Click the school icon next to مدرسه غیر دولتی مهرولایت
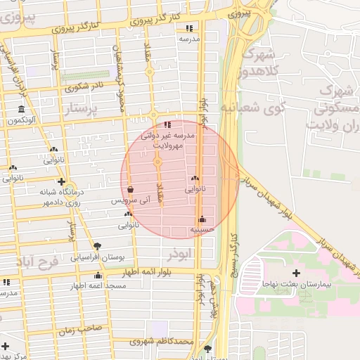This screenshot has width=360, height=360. coord(167,124)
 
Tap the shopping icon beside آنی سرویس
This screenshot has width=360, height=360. coord(131,190)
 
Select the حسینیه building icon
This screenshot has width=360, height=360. coord(202,219)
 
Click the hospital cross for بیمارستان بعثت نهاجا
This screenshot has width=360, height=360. coord(296,272)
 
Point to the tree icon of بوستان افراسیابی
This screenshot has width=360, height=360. coord(97,246)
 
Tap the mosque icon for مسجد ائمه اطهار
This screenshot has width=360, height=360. coord(98,276)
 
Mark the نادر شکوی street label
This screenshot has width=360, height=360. coord(84,87)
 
